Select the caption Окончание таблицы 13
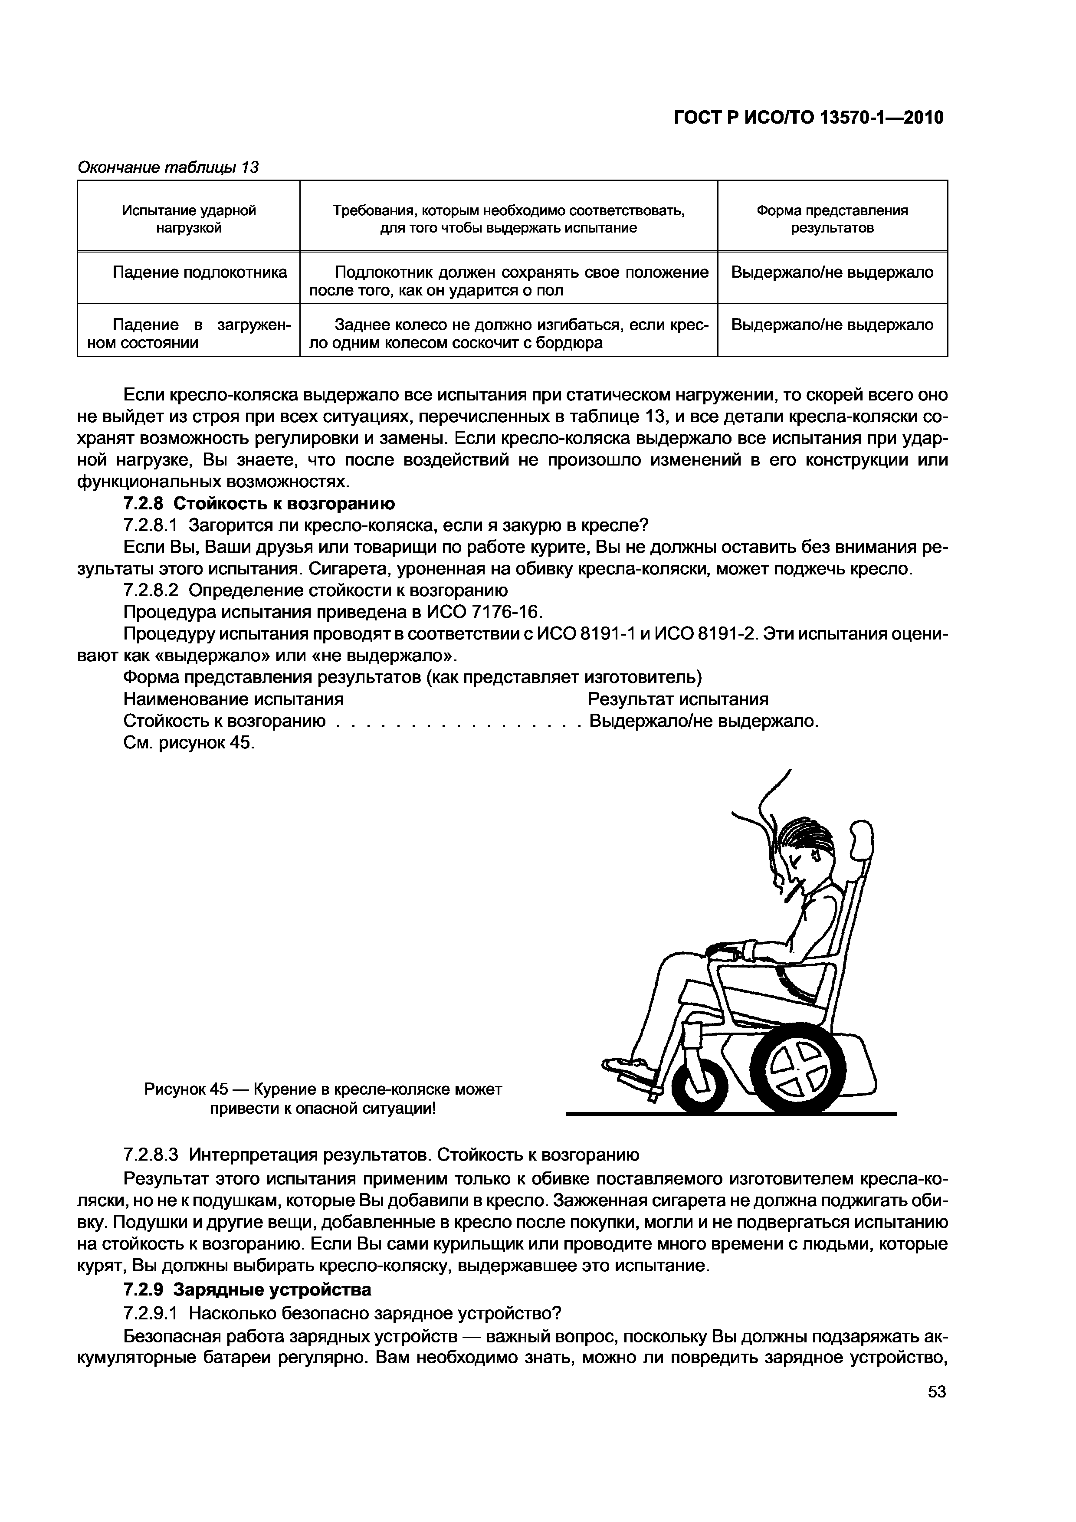(x=168, y=167)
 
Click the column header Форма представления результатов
(x=832, y=219)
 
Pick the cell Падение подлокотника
(x=199, y=272)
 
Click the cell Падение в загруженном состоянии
(x=189, y=334)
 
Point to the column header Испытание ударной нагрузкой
(x=189, y=219)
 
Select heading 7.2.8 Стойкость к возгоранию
(x=259, y=504)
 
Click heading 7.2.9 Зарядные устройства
(x=247, y=1289)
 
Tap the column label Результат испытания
(x=678, y=699)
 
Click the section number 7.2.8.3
(x=151, y=1155)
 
